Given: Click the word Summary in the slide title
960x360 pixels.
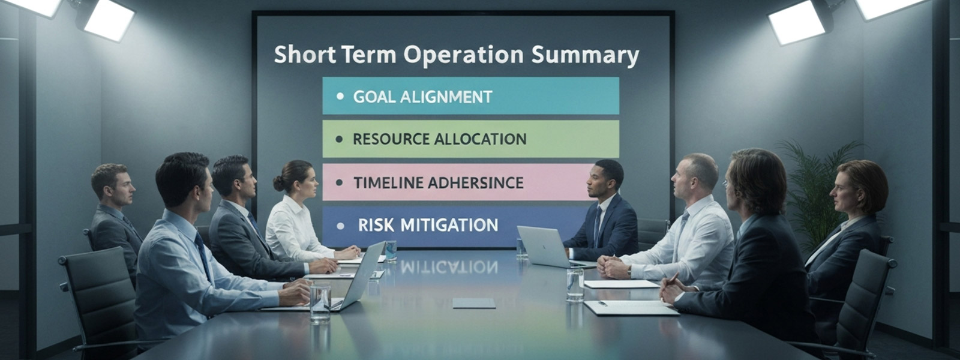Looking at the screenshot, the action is point(585,56).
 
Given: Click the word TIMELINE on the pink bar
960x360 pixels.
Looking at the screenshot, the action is point(388,182).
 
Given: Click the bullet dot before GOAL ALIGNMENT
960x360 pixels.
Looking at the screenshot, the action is point(340,97).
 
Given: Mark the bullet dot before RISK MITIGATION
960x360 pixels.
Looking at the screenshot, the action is point(341,226).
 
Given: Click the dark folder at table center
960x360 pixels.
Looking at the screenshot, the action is point(474,304).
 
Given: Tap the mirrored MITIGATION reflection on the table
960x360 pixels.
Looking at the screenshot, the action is point(449,267).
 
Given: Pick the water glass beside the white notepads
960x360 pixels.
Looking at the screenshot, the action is point(575,284).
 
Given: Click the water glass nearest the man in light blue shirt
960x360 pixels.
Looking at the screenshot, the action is point(320,304).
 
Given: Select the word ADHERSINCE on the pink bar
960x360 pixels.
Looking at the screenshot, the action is point(475,182).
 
